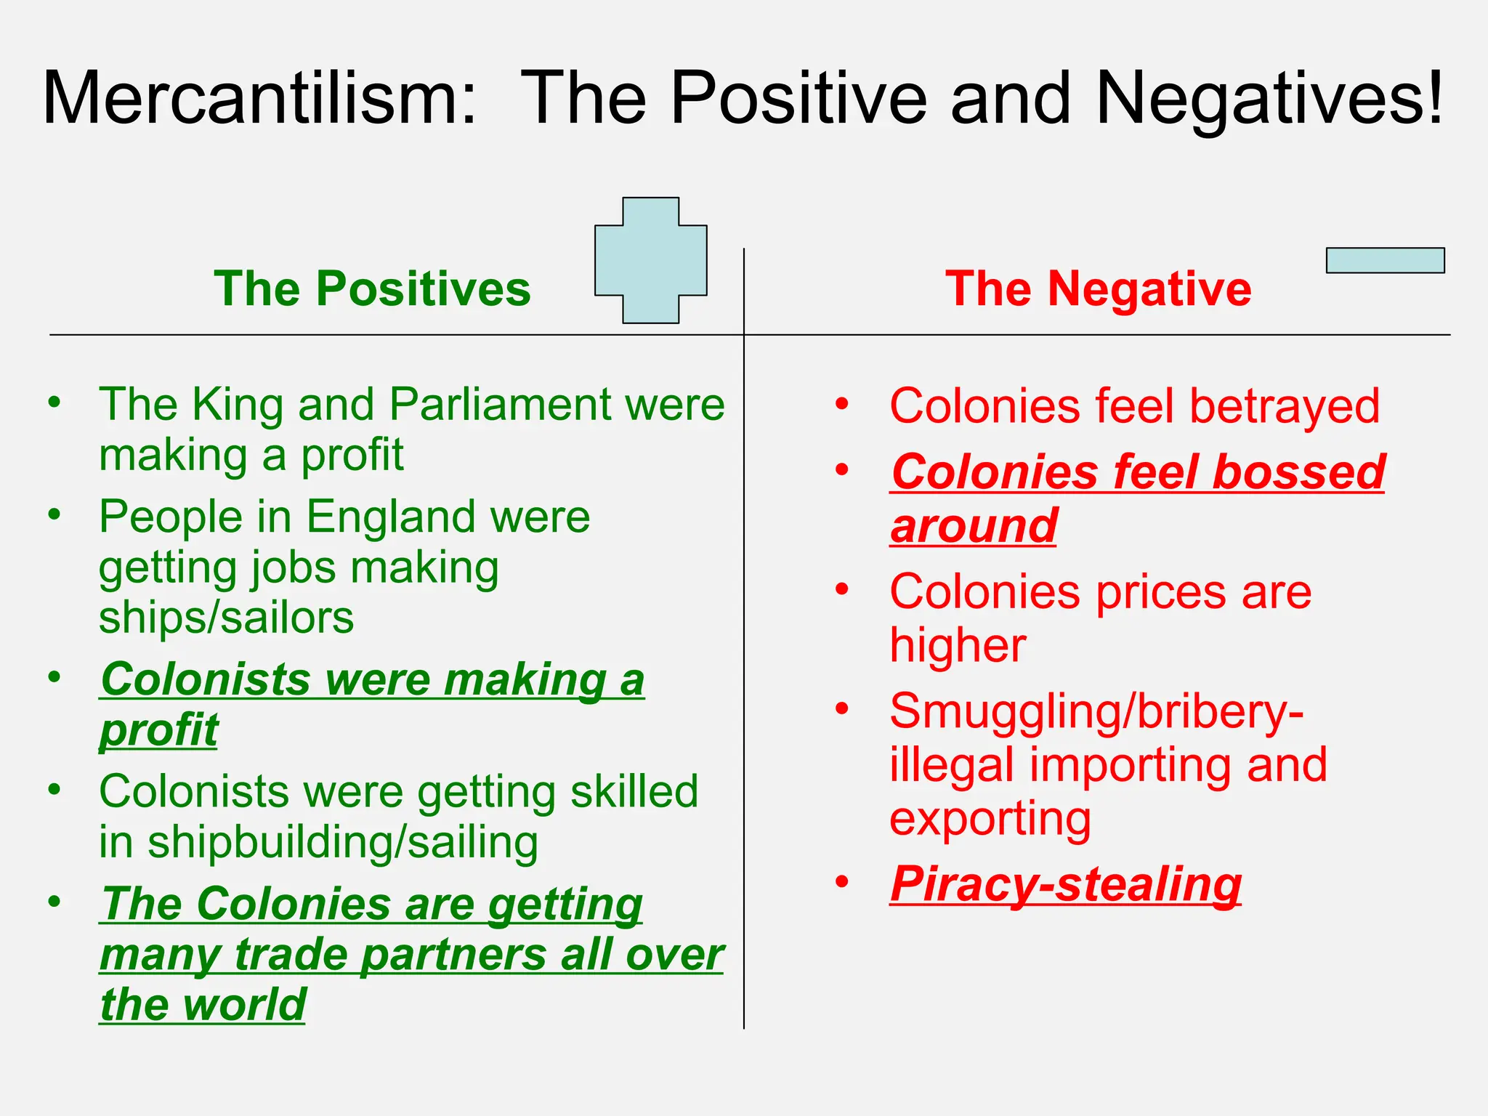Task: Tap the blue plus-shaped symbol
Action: [x=650, y=260]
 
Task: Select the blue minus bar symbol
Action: [x=1385, y=260]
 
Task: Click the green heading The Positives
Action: [x=372, y=288]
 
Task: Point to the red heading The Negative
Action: [x=1098, y=288]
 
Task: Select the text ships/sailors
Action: [x=226, y=618]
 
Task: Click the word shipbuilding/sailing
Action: [x=342, y=842]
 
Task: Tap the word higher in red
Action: [x=958, y=645]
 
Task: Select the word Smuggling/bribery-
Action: [x=1096, y=711]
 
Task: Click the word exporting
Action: [x=990, y=818]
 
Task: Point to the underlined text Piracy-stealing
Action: [x=1065, y=884]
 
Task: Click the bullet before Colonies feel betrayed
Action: [x=841, y=404]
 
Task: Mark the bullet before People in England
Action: [x=54, y=514]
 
